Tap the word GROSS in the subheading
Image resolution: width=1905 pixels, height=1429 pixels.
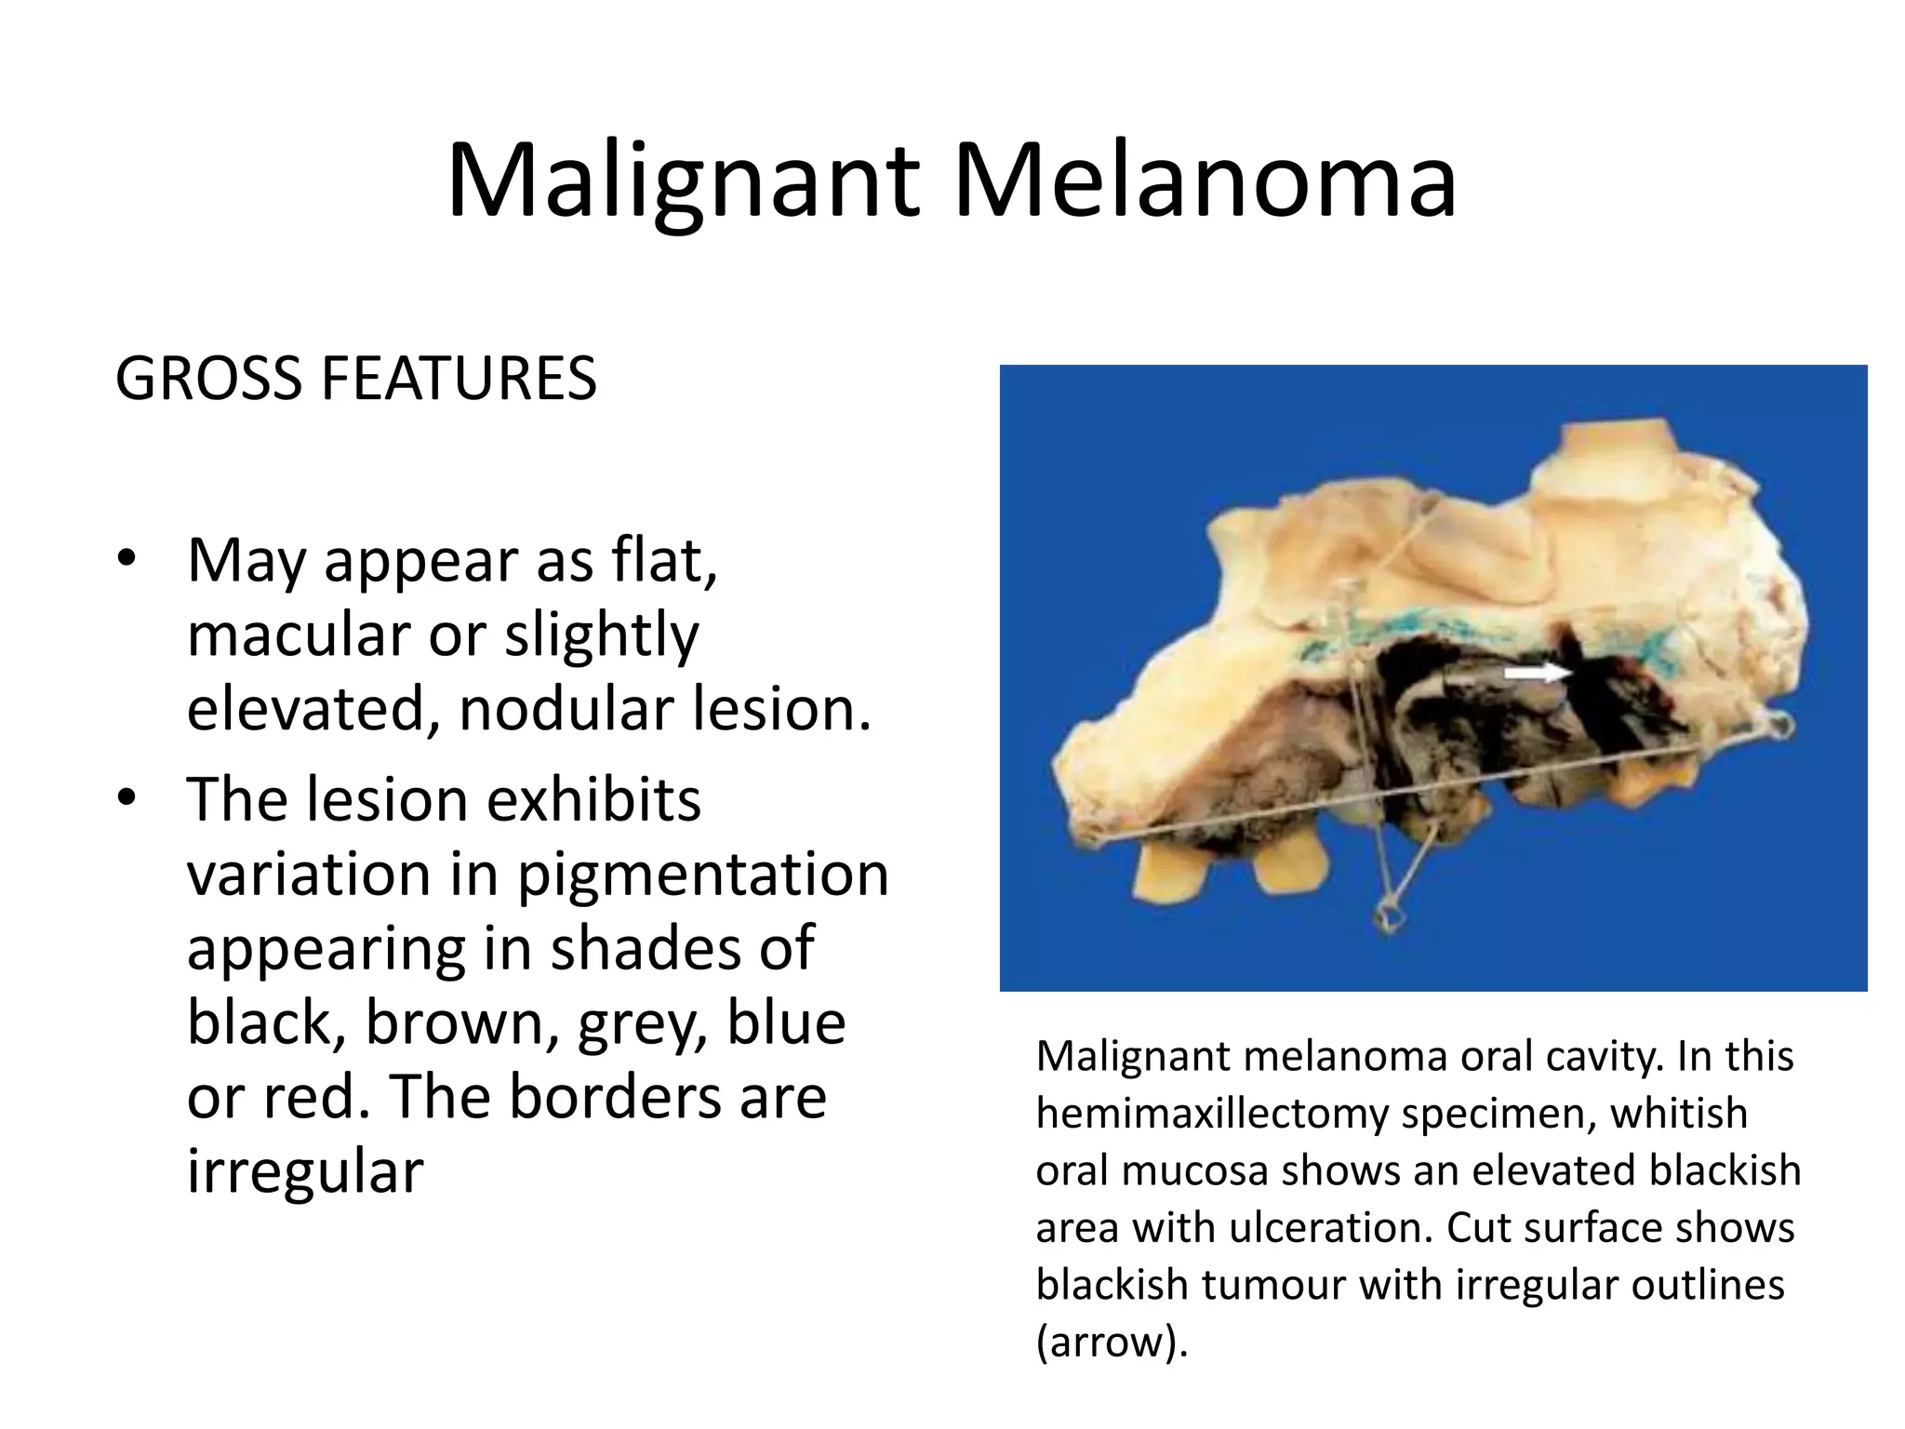207,380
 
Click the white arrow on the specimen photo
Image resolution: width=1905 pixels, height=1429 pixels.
1537,672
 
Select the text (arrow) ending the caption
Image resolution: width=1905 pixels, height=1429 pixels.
1112,1342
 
